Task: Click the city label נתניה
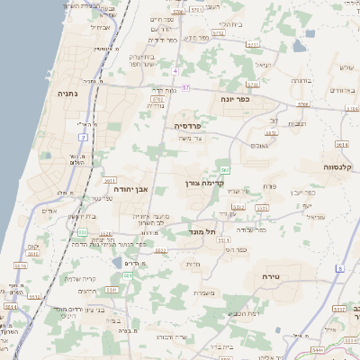(x=67, y=93)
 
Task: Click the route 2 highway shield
(x=83, y=137)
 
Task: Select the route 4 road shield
(x=176, y=70)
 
